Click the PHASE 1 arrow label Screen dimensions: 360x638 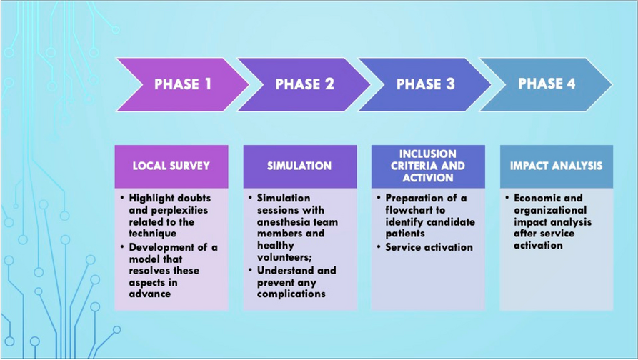tap(183, 84)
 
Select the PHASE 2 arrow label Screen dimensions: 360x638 tap(304, 84)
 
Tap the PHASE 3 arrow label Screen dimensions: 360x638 tap(425, 84)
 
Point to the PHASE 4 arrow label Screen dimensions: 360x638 tap(547, 84)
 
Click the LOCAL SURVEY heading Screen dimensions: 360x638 tap(171, 166)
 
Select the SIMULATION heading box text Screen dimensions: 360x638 tap(299, 166)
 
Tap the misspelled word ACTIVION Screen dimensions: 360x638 tap(428, 178)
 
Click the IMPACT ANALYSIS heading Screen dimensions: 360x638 tap(556, 166)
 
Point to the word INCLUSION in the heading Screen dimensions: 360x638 tap(428, 154)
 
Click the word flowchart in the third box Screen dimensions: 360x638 tap(412, 210)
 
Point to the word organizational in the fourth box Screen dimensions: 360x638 tap(550, 210)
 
